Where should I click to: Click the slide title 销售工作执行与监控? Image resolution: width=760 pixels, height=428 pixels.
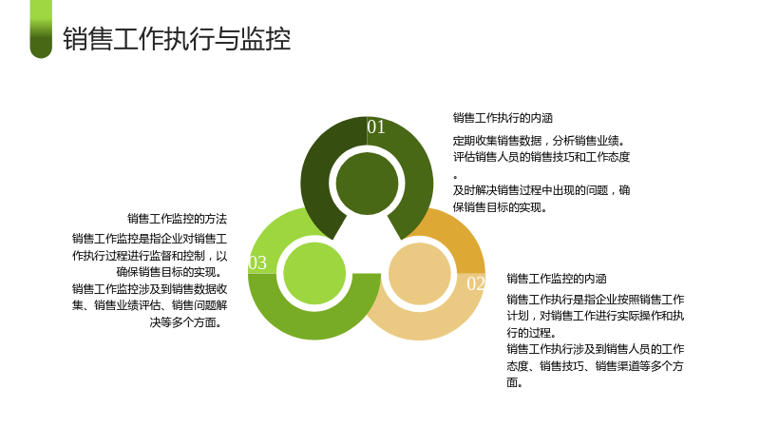pyautogui.click(x=177, y=39)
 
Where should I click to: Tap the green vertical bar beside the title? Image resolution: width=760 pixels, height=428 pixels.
pyautogui.click(x=41, y=29)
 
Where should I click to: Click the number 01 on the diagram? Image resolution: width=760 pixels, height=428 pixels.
pyautogui.click(x=376, y=126)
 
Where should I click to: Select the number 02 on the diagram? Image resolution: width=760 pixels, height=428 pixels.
pyautogui.click(x=476, y=283)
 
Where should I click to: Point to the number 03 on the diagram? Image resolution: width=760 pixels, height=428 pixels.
pyautogui.click(x=257, y=263)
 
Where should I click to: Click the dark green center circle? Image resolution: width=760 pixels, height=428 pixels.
pyautogui.click(x=367, y=184)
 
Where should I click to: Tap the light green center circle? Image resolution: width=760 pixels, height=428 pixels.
pyautogui.click(x=314, y=274)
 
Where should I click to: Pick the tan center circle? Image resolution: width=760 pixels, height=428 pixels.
pyautogui.click(x=420, y=274)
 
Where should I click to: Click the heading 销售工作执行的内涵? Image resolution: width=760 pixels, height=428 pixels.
pyautogui.click(x=503, y=118)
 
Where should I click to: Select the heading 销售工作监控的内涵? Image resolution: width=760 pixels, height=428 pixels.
pyautogui.click(x=557, y=279)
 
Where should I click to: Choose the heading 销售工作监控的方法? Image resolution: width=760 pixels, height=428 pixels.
pyautogui.click(x=177, y=219)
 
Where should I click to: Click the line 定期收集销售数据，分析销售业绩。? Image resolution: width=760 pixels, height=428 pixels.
pyautogui.click(x=540, y=141)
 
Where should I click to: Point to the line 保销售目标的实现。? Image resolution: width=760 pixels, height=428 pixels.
pyautogui.click(x=501, y=207)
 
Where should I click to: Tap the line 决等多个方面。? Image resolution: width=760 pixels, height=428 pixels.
pyautogui.click(x=186, y=322)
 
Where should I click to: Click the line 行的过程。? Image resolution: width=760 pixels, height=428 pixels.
pyautogui.click(x=532, y=332)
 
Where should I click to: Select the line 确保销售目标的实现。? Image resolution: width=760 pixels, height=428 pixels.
pyautogui.click(x=170, y=272)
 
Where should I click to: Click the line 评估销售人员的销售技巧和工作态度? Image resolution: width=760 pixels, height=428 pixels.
pyautogui.click(x=541, y=157)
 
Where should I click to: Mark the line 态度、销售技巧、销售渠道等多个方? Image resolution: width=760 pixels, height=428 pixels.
pyautogui.click(x=596, y=366)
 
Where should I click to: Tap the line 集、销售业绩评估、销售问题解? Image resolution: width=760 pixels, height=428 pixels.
pyautogui.click(x=150, y=305)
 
